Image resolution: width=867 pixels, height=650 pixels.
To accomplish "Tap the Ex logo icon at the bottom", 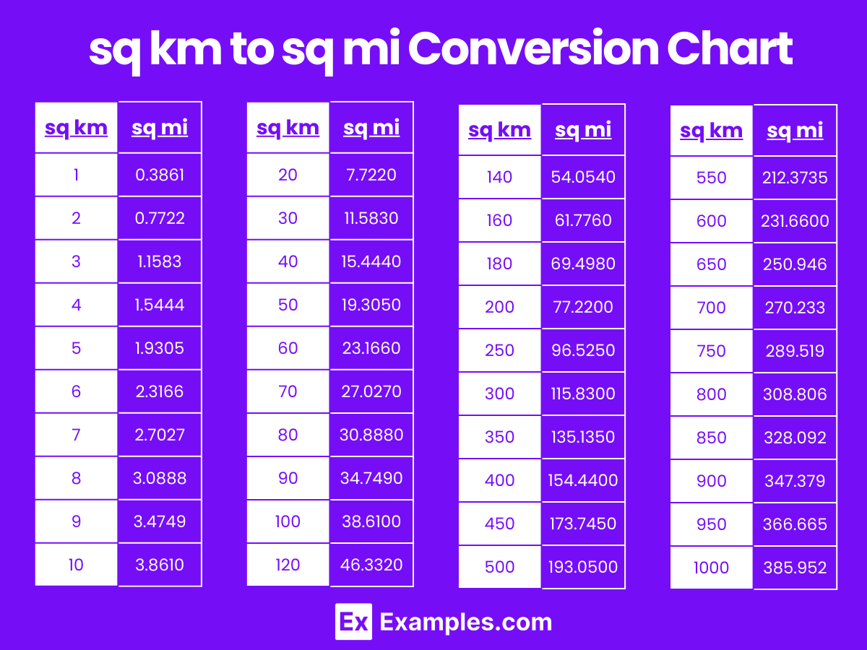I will coord(353,622).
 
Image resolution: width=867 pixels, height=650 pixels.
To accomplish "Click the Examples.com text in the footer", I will coord(466,622).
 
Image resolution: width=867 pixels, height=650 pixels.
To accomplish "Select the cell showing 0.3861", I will coord(160,175).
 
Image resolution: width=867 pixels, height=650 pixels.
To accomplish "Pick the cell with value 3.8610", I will coord(160,565).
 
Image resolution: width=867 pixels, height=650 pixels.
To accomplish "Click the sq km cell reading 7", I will coord(77,435).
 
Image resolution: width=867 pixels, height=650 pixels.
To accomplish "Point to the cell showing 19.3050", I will coord(371,305).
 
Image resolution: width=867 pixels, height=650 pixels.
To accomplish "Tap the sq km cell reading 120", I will coord(288,565).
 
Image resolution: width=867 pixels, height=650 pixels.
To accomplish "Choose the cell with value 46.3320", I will coord(371,565).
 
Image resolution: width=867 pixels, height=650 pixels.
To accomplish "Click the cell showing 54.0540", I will coord(582,177).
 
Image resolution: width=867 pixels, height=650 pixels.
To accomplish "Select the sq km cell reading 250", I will coord(499,350).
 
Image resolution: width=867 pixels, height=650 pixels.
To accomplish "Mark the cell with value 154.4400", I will coord(582,480).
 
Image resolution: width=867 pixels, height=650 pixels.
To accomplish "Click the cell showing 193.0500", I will coord(582,567).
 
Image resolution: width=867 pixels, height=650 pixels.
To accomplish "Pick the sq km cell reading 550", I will coord(712,178).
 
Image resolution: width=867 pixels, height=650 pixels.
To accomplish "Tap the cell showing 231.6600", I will coord(795,221).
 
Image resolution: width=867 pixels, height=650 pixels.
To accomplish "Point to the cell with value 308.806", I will coord(795,394).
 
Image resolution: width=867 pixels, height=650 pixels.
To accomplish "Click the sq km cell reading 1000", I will coord(712,568).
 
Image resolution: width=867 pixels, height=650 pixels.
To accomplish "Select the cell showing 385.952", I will coord(795,568).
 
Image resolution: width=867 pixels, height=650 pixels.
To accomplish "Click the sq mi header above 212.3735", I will coord(795,131).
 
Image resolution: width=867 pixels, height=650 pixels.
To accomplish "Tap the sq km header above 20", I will coord(288,128).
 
